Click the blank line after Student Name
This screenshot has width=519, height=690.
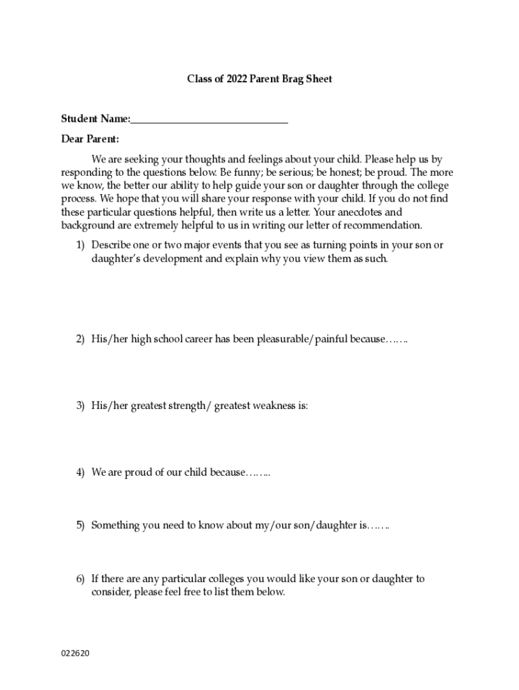210,120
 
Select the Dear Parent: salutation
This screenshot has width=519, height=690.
90,139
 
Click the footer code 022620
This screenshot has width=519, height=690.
75,653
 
